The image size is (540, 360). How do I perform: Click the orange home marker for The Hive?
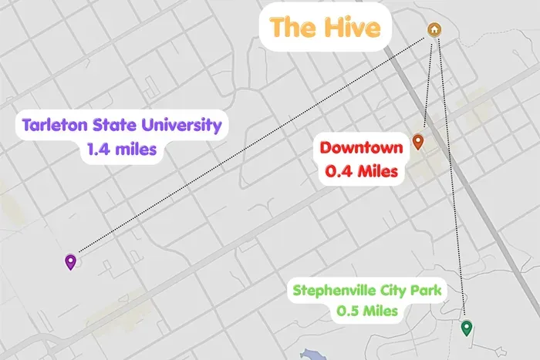point(434,30)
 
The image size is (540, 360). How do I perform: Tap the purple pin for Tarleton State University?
point(71,262)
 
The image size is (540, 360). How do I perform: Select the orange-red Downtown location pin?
point(418,142)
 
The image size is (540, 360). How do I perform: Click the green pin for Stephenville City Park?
point(466,328)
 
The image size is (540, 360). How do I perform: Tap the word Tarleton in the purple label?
point(56,125)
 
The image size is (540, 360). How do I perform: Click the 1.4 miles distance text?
point(123,149)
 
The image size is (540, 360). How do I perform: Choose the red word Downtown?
point(362,148)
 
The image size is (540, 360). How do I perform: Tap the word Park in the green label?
point(425,291)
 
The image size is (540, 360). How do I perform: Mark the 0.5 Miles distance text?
point(367,312)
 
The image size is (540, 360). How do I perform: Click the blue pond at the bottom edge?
point(312,355)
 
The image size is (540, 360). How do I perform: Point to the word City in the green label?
point(392,291)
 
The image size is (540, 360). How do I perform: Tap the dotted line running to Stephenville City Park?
point(452,177)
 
